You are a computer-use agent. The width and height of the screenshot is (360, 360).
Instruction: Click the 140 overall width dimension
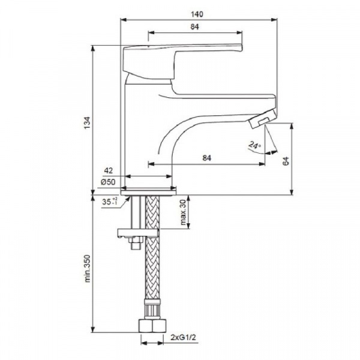click(x=197, y=14)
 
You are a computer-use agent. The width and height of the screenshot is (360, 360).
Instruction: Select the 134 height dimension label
click(x=88, y=123)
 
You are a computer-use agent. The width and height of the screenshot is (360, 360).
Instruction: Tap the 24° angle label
click(x=255, y=145)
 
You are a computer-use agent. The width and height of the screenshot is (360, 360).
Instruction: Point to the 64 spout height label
click(x=286, y=161)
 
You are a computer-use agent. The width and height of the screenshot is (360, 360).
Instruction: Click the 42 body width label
click(x=109, y=170)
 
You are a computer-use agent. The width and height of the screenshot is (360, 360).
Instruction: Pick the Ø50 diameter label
click(x=108, y=182)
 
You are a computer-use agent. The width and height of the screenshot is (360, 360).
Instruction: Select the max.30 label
click(x=183, y=212)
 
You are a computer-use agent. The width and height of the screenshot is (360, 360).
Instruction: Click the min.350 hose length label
click(x=88, y=268)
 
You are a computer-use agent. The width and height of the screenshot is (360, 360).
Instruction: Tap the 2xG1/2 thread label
click(x=184, y=337)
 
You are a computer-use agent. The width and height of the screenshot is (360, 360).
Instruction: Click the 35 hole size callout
click(x=110, y=202)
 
